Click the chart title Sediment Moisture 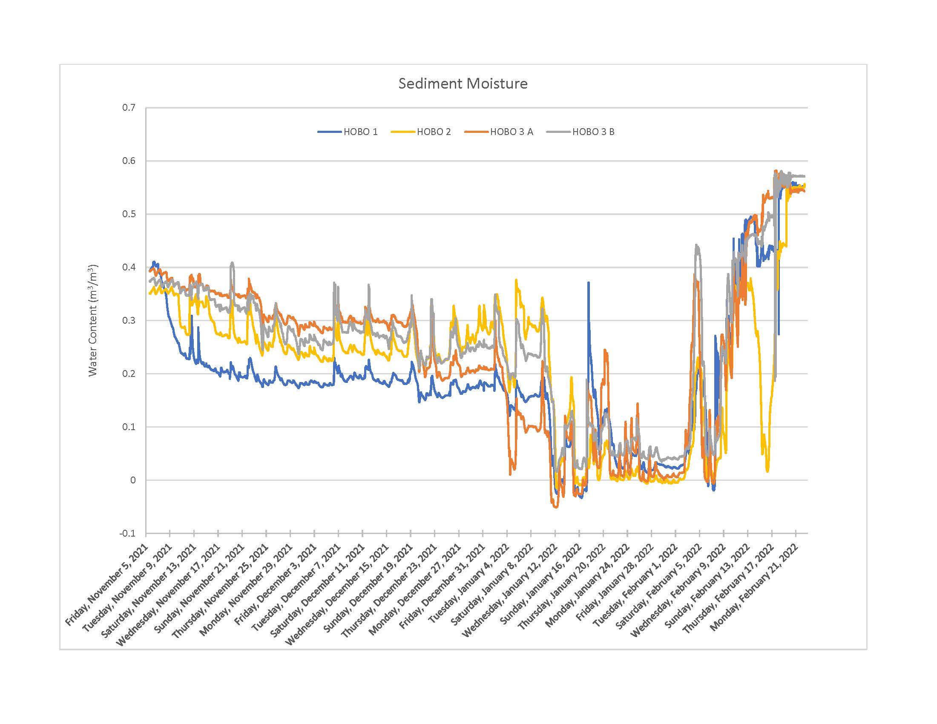(463, 83)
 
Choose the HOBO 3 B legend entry (592, 132)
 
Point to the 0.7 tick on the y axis (129, 108)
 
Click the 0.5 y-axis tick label (129, 214)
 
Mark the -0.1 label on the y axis (127, 533)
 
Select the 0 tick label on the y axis (132, 480)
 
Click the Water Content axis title (93, 320)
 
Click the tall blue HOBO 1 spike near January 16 (588, 283)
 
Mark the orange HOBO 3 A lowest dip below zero (556, 507)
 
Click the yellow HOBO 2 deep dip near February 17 (767, 471)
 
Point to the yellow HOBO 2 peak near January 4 (516, 280)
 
